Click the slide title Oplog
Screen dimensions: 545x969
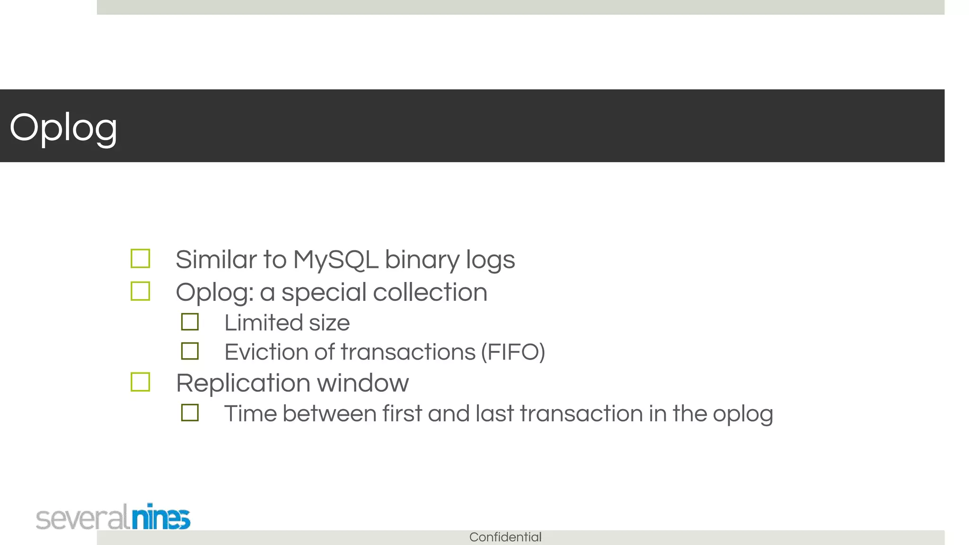tap(63, 127)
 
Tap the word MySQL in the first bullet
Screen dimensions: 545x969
tap(335, 260)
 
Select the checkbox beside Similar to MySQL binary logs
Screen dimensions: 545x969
tap(141, 259)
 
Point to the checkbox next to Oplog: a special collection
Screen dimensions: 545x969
tap(141, 291)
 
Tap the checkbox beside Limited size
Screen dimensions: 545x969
tap(190, 322)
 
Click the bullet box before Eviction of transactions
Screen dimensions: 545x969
tap(190, 352)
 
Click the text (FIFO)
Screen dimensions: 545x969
tap(513, 352)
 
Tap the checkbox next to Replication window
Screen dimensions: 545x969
tap(141, 382)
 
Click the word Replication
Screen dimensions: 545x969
tap(243, 383)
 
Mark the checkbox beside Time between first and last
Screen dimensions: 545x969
tap(190, 413)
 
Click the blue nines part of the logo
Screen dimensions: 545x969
tap(161, 517)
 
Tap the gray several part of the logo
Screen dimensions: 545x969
tap(82, 518)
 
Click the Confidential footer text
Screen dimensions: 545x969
tap(505, 537)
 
